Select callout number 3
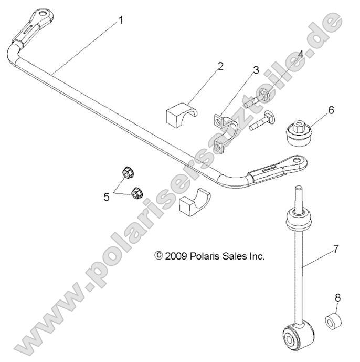click(x=256, y=70)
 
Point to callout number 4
click(x=301, y=55)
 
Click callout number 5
click(x=107, y=196)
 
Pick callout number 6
click(x=331, y=110)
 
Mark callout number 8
click(x=337, y=298)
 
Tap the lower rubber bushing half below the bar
click(x=194, y=201)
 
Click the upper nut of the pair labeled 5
click(x=127, y=172)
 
